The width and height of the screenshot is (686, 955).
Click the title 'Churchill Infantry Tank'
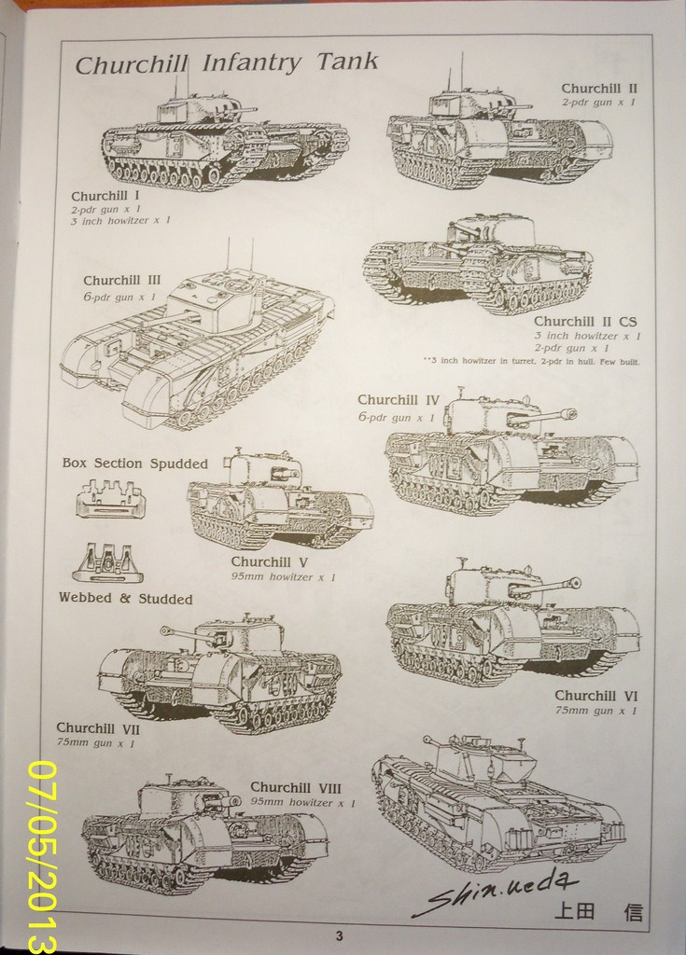pyautogui.click(x=226, y=63)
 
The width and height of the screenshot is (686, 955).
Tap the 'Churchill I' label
pyautogui.click(x=105, y=196)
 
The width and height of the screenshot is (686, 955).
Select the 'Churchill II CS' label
pyautogui.click(x=585, y=321)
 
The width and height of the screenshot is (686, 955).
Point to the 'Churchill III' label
pyautogui.click(x=121, y=280)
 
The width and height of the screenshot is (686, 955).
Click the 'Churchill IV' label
pyautogui.click(x=398, y=399)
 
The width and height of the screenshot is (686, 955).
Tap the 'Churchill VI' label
pyautogui.click(x=595, y=695)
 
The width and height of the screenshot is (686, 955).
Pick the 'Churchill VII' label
pyautogui.click(x=97, y=727)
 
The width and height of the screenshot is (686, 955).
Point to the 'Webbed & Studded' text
pyautogui.click(x=125, y=599)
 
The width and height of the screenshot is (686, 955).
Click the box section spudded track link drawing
pyautogui.click(x=111, y=500)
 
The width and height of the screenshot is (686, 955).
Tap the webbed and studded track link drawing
pyautogui.click(x=107, y=562)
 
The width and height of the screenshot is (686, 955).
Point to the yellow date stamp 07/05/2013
pyautogui.click(x=42, y=856)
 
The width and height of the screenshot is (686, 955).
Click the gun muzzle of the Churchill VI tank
pyautogui.click(x=575, y=583)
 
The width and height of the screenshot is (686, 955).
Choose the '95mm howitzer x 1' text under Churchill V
pyautogui.click(x=283, y=577)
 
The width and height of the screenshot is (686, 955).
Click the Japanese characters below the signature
pyautogui.click(x=598, y=911)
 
